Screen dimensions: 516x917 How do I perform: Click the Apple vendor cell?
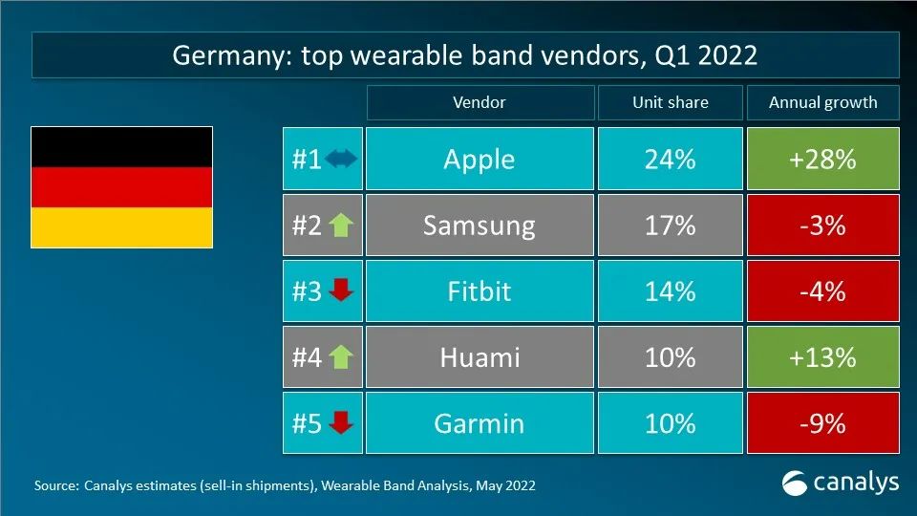[x=479, y=159]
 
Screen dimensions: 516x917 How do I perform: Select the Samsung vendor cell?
[x=479, y=226]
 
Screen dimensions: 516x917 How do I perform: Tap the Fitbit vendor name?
[x=479, y=291]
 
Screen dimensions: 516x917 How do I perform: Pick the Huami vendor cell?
[x=479, y=357]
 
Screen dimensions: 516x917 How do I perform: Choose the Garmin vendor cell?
[x=479, y=423]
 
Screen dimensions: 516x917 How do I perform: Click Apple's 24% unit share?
[x=669, y=159]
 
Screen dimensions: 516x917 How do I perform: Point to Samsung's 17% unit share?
[x=669, y=226]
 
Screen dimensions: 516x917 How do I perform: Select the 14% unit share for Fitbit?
[x=669, y=291]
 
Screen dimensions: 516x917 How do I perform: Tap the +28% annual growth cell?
[x=822, y=159]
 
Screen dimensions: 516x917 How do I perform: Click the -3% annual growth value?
[x=822, y=226]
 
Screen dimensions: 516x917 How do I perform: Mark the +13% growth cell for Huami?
[x=822, y=357]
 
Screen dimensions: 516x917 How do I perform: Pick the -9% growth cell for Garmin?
[x=822, y=423]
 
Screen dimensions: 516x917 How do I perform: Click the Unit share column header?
[x=669, y=102]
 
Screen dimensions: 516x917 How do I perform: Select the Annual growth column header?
[x=822, y=102]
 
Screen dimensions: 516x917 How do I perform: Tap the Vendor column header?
[x=479, y=102]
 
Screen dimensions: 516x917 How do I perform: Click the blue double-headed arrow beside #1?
[x=340, y=160]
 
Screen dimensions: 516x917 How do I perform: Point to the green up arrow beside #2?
[x=340, y=226]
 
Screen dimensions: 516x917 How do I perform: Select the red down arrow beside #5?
[x=340, y=423]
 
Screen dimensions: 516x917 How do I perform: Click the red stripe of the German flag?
[x=121, y=187]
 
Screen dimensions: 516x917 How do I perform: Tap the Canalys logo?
[x=840, y=483]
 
